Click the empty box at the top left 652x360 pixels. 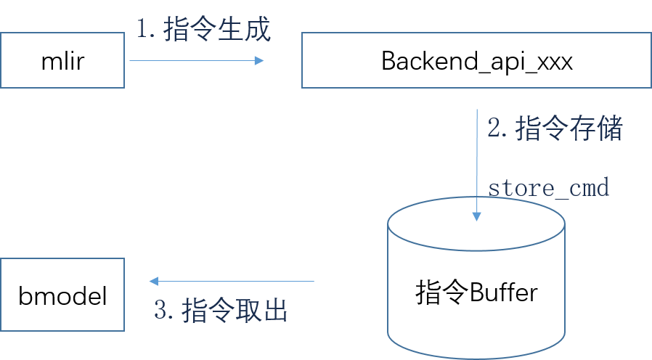click(62, 60)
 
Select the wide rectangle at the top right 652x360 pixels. click(476, 60)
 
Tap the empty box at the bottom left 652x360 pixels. click(62, 295)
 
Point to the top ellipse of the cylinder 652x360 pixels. click(476, 224)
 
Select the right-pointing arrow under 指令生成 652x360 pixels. click(196, 61)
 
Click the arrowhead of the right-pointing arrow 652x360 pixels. click(259, 61)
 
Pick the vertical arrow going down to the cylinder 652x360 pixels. click(476, 163)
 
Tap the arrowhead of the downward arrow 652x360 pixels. click(476, 216)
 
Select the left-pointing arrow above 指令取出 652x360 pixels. click(232, 281)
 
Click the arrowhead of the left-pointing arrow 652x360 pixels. click(153, 281)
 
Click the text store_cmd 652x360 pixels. click(548, 188)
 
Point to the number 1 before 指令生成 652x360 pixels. click(143, 30)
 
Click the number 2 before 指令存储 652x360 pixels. click(494, 129)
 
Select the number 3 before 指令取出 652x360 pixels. click(161, 311)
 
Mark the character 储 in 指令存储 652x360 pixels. click(610, 129)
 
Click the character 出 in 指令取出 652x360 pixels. click(276, 311)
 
